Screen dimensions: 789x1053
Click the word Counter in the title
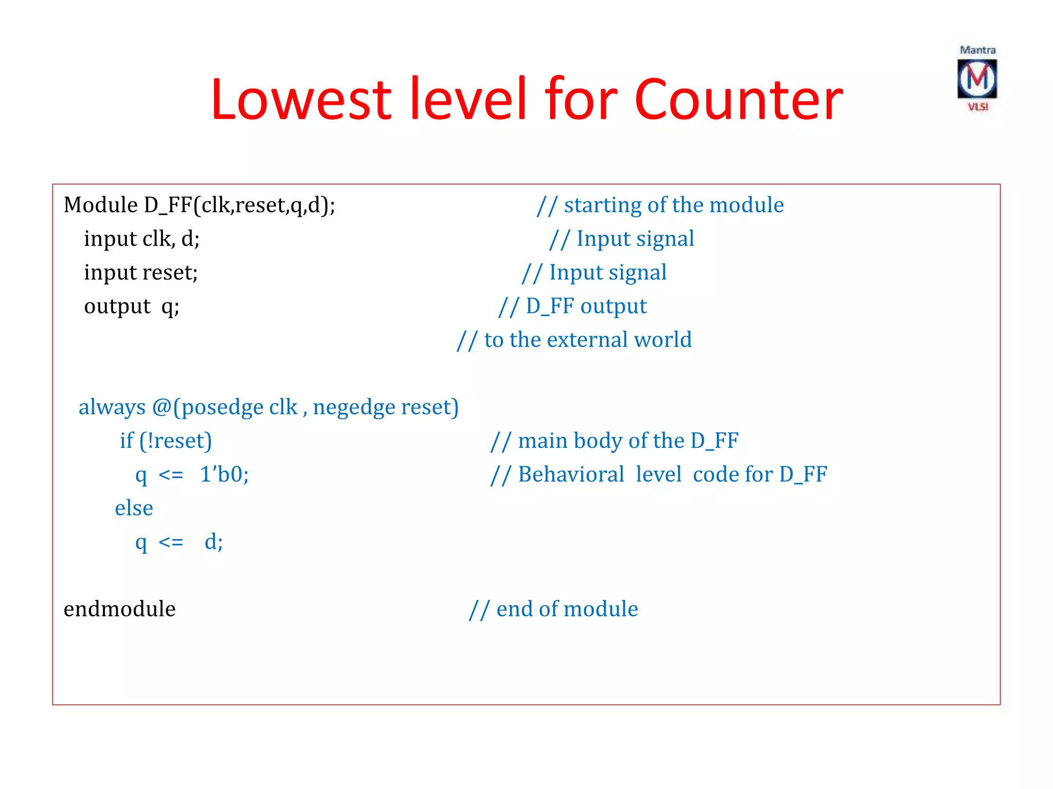pos(738,99)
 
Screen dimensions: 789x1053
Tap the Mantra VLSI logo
pos(977,79)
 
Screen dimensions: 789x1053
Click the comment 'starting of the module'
pos(660,205)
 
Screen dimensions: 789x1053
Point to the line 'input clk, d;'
pos(142,239)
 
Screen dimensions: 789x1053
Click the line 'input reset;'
pos(141,273)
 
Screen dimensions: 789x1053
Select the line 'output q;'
pos(132,307)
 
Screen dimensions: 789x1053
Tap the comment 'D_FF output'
pos(573,307)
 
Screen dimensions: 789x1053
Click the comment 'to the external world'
pos(574,340)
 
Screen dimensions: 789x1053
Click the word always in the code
pos(112,407)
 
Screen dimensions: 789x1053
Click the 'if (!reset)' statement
pos(166,441)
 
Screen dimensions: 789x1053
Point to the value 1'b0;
pos(224,474)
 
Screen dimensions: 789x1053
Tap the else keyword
pos(134,509)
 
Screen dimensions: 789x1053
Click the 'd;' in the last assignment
pos(213,542)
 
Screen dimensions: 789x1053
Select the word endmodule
pos(119,609)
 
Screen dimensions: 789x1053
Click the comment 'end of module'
pos(554,609)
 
